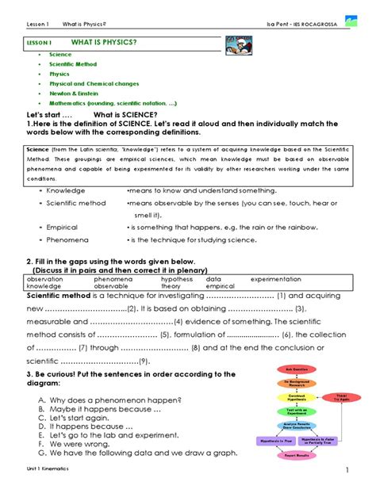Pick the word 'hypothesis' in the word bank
coord(177,279)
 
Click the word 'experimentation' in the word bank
coord(275,279)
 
